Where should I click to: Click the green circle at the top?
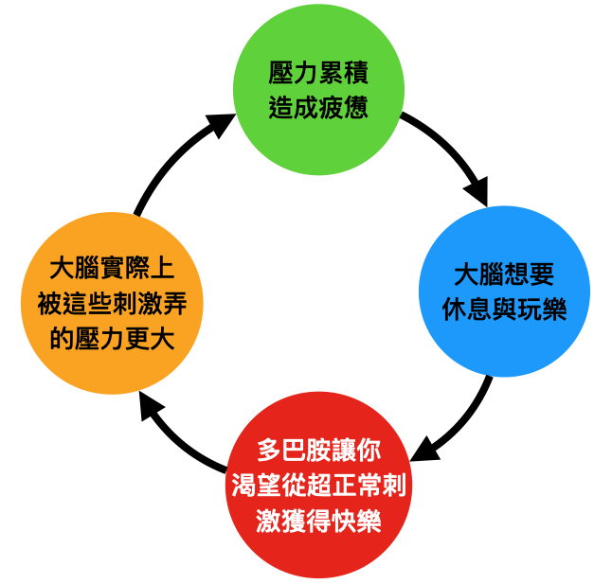[x=318, y=90]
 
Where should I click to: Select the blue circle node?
[x=504, y=292]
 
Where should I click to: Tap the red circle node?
[x=319, y=492]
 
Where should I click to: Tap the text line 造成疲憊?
[x=318, y=107]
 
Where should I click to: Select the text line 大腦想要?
[x=504, y=275]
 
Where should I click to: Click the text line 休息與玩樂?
[x=504, y=309]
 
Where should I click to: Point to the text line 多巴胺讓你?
[x=319, y=449]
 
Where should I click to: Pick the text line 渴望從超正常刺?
[x=319, y=486]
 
